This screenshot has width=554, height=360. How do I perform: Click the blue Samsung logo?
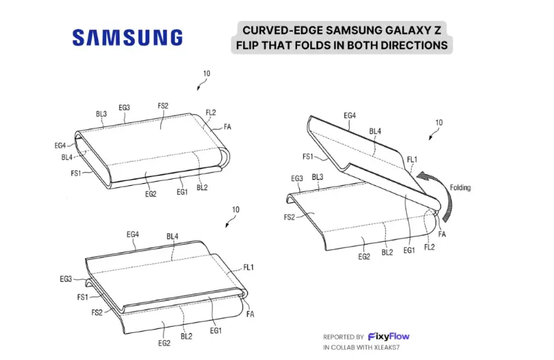[x=128, y=37]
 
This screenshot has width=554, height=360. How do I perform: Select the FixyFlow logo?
[x=389, y=337]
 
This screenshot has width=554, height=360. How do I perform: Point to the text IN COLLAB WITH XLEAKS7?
[x=361, y=348]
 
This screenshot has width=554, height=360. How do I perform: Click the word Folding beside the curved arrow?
[x=460, y=187]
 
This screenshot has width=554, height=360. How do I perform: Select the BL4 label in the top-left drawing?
[x=67, y=158]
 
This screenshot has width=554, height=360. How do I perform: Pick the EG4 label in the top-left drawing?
[x=60, y=145]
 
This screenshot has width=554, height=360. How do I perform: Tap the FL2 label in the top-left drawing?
[x=211, y=113]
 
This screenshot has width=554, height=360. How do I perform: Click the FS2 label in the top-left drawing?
[x=163, y=106]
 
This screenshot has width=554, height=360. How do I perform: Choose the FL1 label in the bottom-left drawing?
[x=249, y=267]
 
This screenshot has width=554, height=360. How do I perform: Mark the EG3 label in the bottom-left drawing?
[x=66, y=279]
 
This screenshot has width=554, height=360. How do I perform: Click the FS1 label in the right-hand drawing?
[x=307, y=156]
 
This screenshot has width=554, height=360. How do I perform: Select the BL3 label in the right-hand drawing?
[x=317, y=177]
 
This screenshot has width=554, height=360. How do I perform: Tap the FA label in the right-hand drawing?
[x=441, y=234]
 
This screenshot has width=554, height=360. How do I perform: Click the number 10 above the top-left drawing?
[x=207, y=73]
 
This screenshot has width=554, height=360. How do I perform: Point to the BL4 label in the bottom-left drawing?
[x=173, y=236]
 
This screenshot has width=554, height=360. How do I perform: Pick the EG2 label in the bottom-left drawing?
[x=164, y=343]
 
